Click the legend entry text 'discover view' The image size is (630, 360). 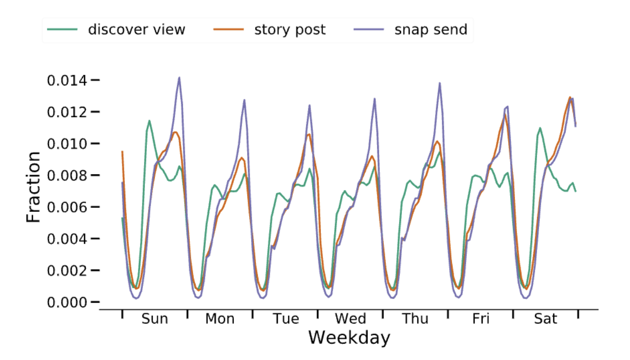click(137, 30)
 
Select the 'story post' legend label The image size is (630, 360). click(289, 30)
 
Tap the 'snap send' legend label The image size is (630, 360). click(430, 30)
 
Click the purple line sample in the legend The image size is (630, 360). click(369, 30)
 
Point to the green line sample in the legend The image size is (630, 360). click(62, 30)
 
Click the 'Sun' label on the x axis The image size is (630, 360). click(154, 319)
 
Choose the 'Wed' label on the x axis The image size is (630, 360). click(350, 319)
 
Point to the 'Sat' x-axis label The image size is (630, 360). click(545, 319)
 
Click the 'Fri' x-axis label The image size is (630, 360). click(481, 319)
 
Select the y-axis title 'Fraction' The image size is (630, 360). click(33, 187)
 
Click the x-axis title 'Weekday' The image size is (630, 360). click(349, 338)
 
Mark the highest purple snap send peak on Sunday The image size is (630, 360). click(179, 77)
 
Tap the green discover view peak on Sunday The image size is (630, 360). click(149, 120)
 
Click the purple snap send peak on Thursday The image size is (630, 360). click(439, 83)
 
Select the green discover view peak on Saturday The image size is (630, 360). click(540, 128)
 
